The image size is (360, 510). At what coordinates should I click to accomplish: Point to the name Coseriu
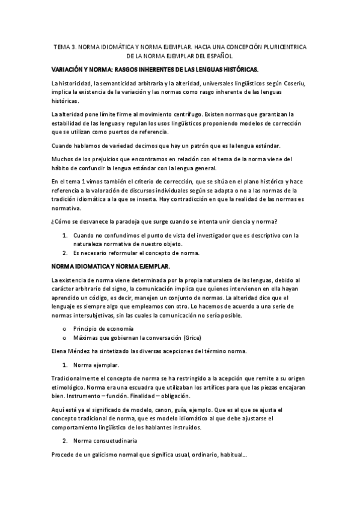pos(293,82)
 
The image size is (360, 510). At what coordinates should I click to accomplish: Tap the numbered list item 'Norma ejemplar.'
pos(96,364)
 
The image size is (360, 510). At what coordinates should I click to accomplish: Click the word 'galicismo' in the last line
pos(110,455)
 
